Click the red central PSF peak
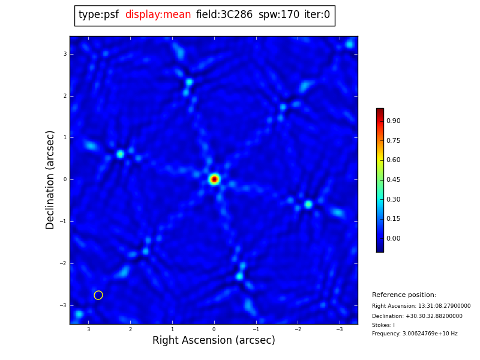point(214,179)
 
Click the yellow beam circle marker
point(98,295)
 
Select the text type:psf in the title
point(98,15)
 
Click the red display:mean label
point(158,15)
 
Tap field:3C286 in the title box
point(224,15)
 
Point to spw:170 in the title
point(278,15)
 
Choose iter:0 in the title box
point(317,15)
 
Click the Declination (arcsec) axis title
point(51,179)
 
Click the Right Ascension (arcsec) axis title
point(214,341)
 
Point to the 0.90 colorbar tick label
point(394,121)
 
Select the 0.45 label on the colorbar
point(394,180)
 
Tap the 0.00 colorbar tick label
point(394,239)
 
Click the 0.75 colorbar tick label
point(394,141)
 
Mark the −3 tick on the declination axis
point(64,305)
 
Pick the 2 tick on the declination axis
point(65,96)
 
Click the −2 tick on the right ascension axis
point(297,329)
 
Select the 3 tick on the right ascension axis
point(88,329)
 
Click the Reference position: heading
point(404,295)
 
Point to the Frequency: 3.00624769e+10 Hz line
point(415,334)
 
